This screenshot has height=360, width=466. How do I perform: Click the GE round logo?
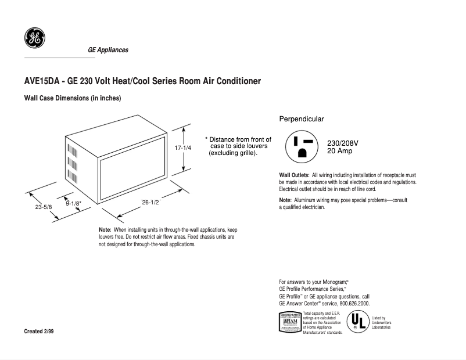point(34,38)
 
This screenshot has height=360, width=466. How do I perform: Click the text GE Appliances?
point(107,50)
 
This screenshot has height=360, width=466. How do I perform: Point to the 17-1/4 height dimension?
point(183,147)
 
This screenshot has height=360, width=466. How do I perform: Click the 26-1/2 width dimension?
point(151,202)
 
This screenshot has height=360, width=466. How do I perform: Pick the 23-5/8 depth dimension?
point(42,207)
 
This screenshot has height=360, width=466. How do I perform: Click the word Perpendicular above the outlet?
point(302,119)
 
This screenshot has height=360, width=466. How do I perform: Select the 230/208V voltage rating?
point(343,143)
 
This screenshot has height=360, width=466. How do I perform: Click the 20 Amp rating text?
point(339,151)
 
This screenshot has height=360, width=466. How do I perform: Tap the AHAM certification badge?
point(290,322)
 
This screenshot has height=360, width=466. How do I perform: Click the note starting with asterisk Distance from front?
point(238,146)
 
